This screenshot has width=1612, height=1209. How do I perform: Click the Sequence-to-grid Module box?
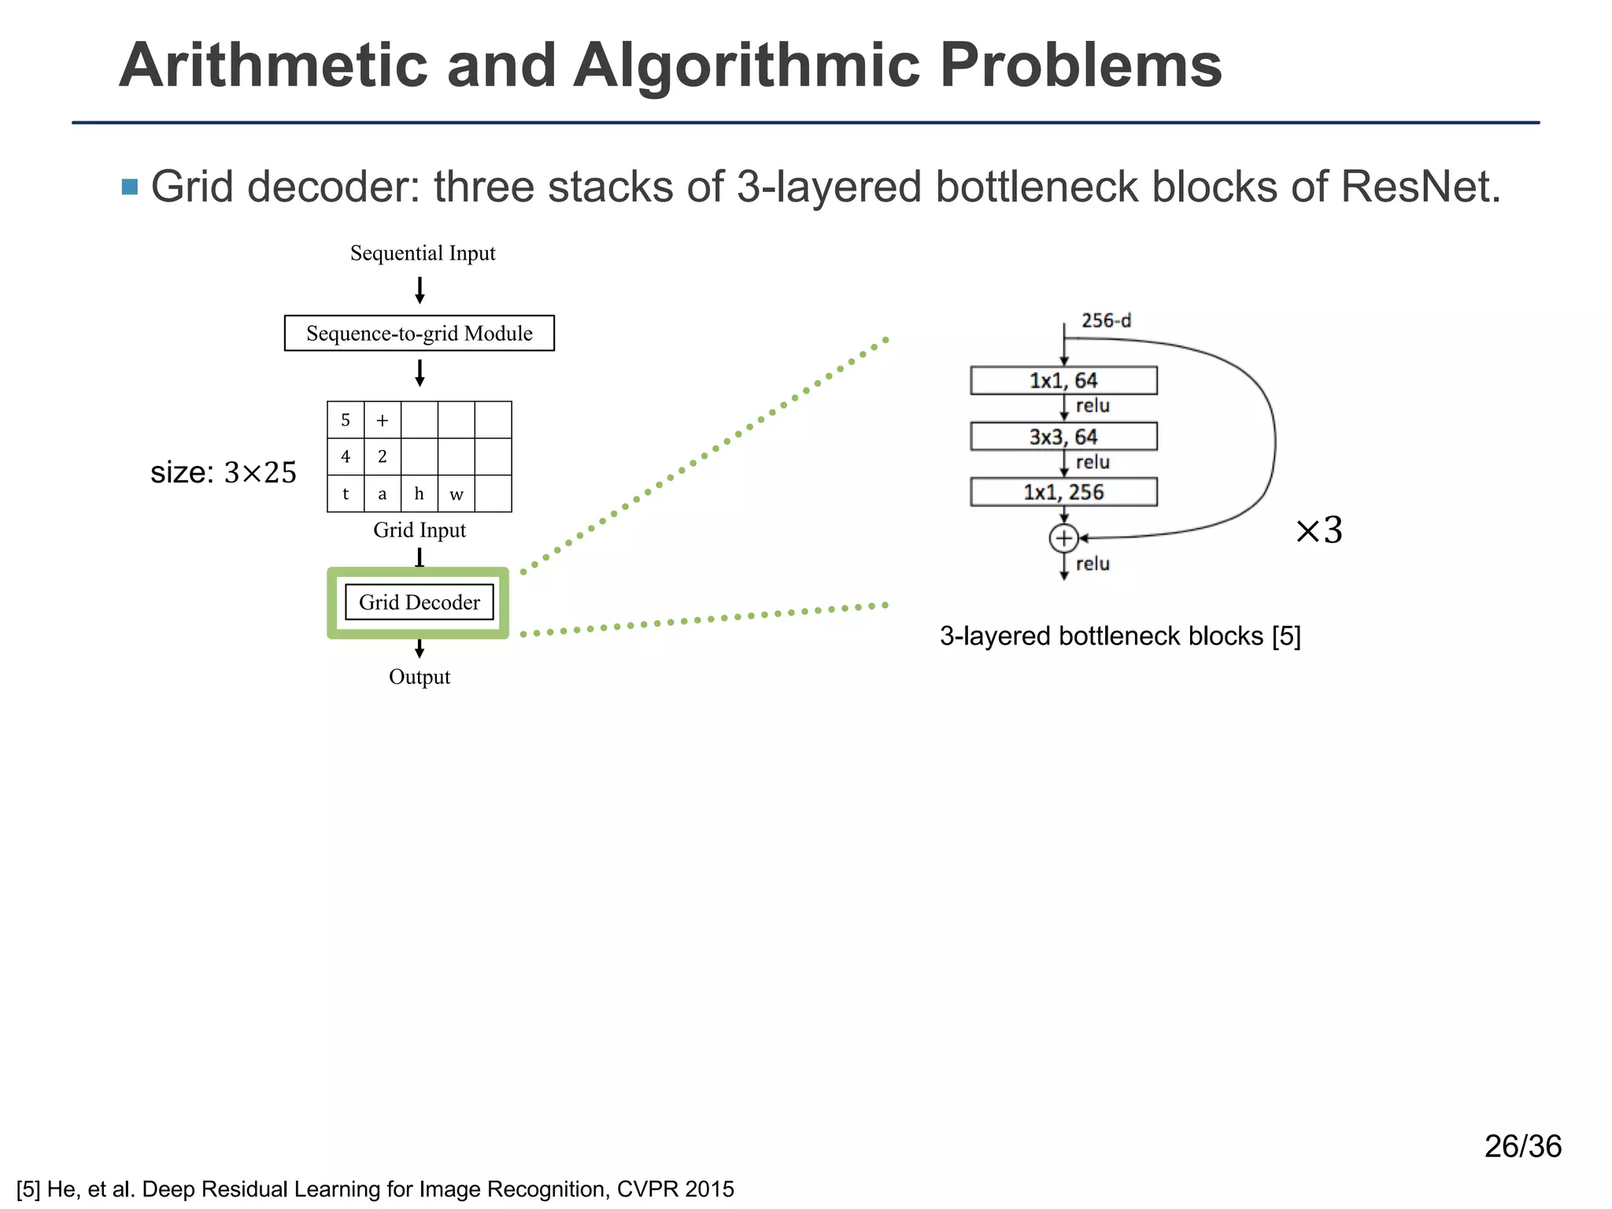(x=419, y=333)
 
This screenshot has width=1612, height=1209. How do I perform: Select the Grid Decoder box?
(x=419, y=602)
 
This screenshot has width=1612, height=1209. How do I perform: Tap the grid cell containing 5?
(x=346, y=420)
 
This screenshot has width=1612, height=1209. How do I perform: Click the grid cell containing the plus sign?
(x=383, y=420)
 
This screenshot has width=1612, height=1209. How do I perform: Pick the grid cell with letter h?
(x=419, y=494)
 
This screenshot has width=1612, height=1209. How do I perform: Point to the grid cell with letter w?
(x=456, y=494)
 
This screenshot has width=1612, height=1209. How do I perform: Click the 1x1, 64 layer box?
(x=1063, y=380)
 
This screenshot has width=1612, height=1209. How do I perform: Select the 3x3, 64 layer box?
(x=1063, y=436)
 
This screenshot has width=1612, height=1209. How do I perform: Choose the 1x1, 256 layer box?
(x=1063, y=492)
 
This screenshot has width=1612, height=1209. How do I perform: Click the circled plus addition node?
(x=1063, y=538)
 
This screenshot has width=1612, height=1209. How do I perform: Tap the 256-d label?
(x=1106, y=320)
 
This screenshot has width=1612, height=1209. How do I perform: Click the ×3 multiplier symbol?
(x=1319, y=531)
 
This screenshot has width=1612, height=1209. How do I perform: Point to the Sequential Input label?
(x=423, y=253)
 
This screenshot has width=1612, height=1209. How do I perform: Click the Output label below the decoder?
(x=419, y=677)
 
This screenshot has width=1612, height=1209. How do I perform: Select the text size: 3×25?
(x=224, y=472)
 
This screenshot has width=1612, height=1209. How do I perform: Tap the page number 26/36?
(x=1522, y=1146)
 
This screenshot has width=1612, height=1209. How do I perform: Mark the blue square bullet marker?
(x=130, y=187)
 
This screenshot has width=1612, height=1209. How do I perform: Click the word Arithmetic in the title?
(x=273, y=65)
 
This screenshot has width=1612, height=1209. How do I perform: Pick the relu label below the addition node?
(x=1093, y=564)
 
